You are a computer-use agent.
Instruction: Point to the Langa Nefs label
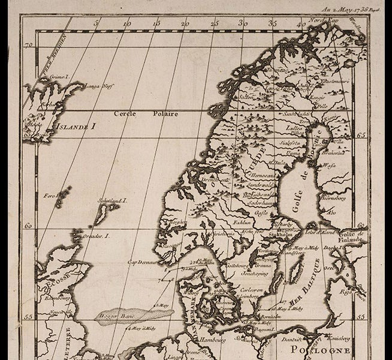(x=99, y=86)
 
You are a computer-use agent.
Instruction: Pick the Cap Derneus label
(x=141, y=262)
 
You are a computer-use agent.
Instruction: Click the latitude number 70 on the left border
(x=28, y=45)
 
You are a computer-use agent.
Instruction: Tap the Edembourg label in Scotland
(x=58, y=297)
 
